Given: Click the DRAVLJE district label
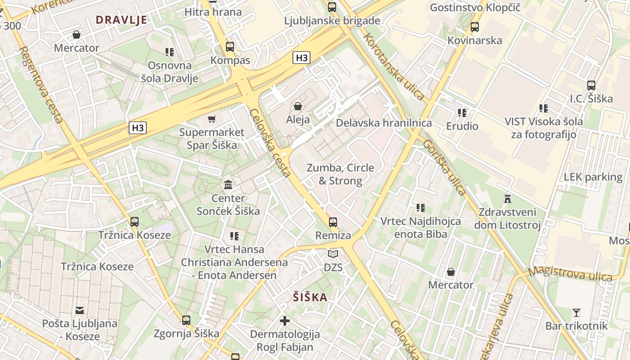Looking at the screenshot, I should click(121, 20).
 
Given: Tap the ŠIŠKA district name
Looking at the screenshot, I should click(310, 297).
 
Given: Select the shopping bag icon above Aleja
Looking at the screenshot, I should click(297, 106).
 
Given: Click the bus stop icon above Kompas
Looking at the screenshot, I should click(230, 47).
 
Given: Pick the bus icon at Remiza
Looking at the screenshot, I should click(333, 222).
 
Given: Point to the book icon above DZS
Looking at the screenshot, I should click(333, 254).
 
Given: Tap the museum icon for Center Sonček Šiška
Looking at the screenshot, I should click(228, 184).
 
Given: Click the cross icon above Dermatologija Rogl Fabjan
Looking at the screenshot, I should click(285, 321).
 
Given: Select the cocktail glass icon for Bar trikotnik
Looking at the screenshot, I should click(576, 312).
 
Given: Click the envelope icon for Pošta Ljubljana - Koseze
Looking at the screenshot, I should click(80, 310).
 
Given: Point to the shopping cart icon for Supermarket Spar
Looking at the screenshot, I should click(212, 119).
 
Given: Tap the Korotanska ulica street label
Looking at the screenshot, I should click(395, 67).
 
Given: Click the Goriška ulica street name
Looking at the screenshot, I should click(445, 167).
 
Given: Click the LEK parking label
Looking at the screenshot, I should click(593, 177).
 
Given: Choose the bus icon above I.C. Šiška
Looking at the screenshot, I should click(591, 85).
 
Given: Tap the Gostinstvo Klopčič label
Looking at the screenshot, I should click(475, 8).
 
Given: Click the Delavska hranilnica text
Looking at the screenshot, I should click(384, 123).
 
